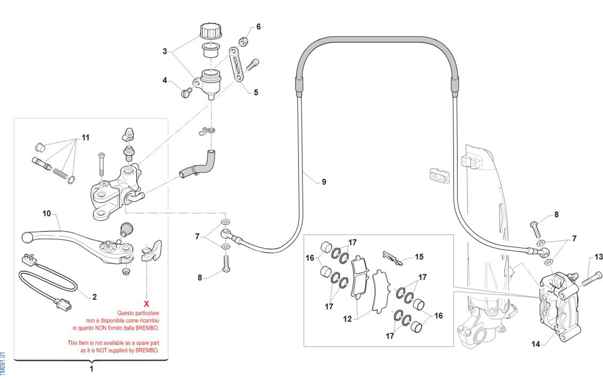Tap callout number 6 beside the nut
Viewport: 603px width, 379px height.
(258, 27)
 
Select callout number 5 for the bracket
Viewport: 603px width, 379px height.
(256, 92)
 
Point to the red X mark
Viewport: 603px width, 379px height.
(146, 304)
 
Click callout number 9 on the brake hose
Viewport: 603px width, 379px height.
(324, 182)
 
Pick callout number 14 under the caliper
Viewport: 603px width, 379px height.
(536, 344)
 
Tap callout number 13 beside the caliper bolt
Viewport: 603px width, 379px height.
(598, 257)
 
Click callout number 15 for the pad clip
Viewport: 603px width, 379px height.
(419, 257)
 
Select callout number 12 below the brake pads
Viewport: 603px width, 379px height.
(347, 319)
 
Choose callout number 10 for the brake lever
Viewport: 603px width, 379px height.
(47, 213)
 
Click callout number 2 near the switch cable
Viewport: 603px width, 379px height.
(94, 297)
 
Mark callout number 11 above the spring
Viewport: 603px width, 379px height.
(85, 137)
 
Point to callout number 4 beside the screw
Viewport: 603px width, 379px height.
(165, 80)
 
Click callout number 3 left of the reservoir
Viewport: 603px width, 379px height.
(165, 51)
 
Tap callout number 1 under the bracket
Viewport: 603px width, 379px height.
(91, 368)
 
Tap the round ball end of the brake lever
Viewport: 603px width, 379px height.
(26, 236)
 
